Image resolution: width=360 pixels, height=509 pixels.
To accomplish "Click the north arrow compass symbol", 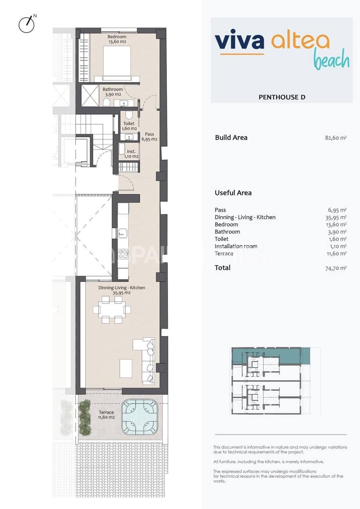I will pos(26,24).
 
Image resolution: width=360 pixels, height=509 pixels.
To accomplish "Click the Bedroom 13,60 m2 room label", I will pos(117,39).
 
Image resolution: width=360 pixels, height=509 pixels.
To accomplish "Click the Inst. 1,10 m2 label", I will pos(131,154).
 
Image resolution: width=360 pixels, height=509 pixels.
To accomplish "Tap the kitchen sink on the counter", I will pos(123,232).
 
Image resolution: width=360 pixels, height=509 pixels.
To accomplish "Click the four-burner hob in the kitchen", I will pos(123,255).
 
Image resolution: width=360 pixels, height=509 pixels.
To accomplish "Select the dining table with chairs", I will pos(112,310).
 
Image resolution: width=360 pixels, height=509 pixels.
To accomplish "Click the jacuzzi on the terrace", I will pos(139,417).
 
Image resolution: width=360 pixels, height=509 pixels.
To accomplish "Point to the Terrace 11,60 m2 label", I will pos(106,414).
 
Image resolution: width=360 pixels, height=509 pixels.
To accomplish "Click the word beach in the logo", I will pos(331,60).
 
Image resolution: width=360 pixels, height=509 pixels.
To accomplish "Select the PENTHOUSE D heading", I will pos(282,97).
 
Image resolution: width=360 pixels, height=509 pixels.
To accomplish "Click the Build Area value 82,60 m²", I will pos(335,138).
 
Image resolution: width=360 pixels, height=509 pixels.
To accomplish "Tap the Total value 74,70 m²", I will pos(335,268).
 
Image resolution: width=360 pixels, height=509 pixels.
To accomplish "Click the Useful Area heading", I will pos(233,193).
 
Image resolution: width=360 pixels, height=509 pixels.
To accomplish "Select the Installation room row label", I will pos(236,246).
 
